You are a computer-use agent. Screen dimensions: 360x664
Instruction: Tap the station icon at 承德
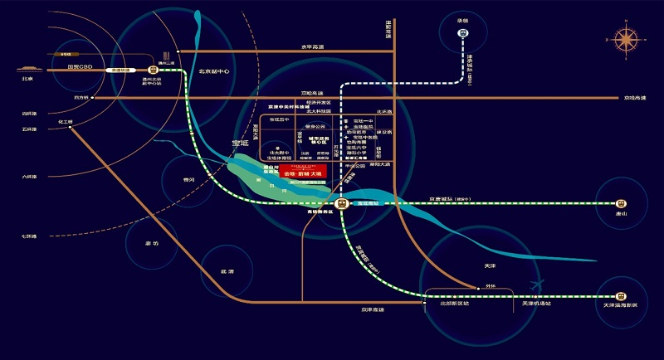click(463, 34)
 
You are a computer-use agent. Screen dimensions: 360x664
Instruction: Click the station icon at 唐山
click(620, 203)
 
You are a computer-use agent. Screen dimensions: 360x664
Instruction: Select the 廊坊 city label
click(151, 243)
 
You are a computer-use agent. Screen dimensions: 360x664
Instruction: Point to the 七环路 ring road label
click(29, 237)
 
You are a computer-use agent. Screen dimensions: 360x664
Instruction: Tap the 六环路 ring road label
click(29, 177)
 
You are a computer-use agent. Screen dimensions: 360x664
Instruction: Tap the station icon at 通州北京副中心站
click(153, 71)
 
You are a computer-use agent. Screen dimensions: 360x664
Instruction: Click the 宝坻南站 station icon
click(341, 203)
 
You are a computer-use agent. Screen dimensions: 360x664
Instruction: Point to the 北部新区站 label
click(455, 304)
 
